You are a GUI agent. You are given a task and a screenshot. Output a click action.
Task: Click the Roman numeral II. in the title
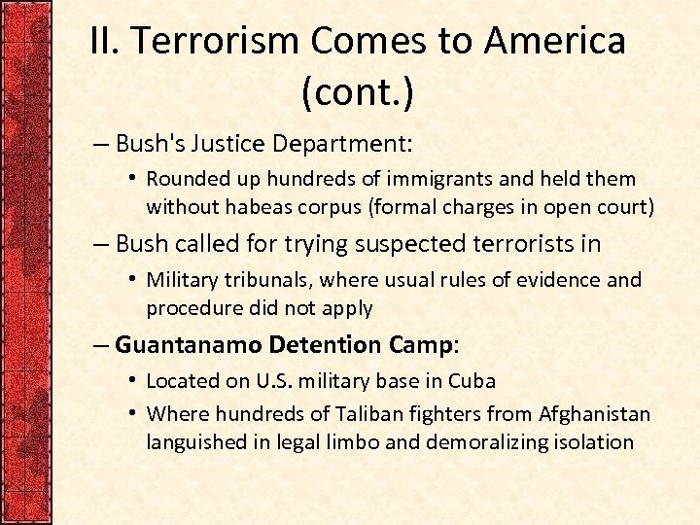coord(104,41)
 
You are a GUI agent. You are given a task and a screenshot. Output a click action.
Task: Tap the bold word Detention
coord(312,345)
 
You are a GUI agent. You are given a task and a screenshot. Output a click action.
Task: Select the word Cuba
coord(473,381)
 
